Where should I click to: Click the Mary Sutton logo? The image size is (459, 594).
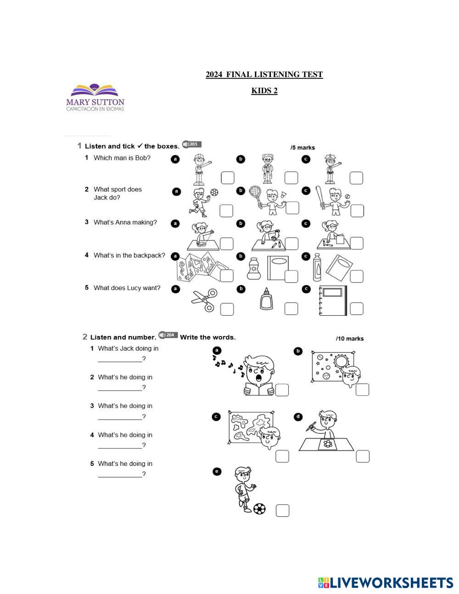95,98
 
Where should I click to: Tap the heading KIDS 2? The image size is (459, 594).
264,90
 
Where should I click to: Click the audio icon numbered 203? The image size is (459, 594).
191,144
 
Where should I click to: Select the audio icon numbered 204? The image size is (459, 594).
168,335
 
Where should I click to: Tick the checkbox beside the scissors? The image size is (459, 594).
227,309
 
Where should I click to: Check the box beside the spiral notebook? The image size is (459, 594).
356,308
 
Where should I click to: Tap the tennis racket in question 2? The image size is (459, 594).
256,194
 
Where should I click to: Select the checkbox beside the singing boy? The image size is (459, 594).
282,390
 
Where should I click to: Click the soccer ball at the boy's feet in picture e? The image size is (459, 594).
259,508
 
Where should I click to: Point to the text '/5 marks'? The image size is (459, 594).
302,148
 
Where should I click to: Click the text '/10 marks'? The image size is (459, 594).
350,339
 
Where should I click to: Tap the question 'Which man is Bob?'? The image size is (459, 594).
122,158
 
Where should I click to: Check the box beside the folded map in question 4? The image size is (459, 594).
227,275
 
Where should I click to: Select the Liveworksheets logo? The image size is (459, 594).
385,583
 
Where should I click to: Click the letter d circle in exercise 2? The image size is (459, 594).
298,417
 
